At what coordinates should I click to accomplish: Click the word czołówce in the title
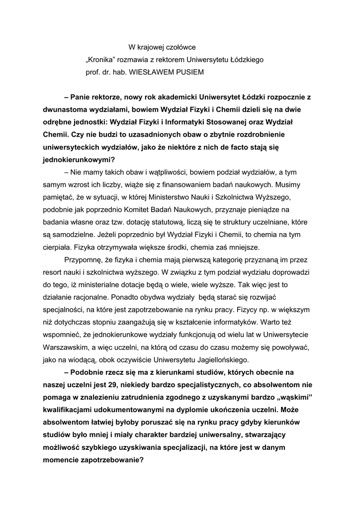(180, 48)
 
